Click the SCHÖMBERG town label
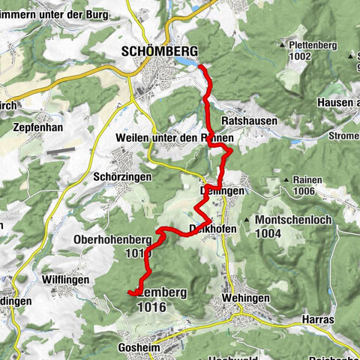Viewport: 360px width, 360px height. [x=160, y=50]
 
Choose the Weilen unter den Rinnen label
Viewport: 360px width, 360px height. [x=175, y=139]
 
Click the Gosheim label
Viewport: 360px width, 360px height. [x=140, y=349]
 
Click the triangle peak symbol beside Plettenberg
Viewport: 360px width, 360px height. [x=292, y=45]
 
